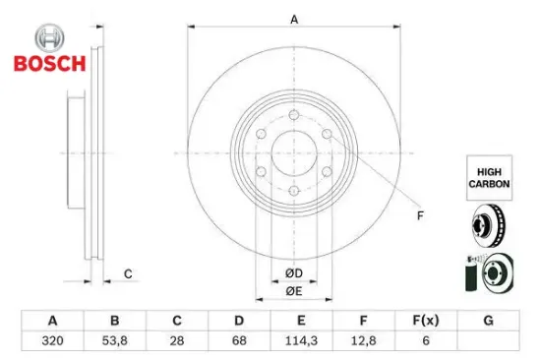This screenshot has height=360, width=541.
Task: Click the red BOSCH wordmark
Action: tap(50, 64)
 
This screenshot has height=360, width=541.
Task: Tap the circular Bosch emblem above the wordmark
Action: tap(50, 38)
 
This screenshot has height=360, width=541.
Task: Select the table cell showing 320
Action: tap(52, 340)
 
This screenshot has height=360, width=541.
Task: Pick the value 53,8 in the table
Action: tap(114, 340)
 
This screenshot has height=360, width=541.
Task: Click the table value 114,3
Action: tap(301, 340)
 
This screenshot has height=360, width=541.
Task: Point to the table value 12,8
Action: tap(363, 340)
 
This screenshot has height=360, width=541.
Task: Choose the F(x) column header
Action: tap(426, 321)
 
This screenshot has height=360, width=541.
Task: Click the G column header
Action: tap(488, 321)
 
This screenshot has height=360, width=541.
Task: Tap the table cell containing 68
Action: tap(239, 340)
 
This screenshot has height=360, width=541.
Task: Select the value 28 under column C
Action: tap(177, 340)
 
